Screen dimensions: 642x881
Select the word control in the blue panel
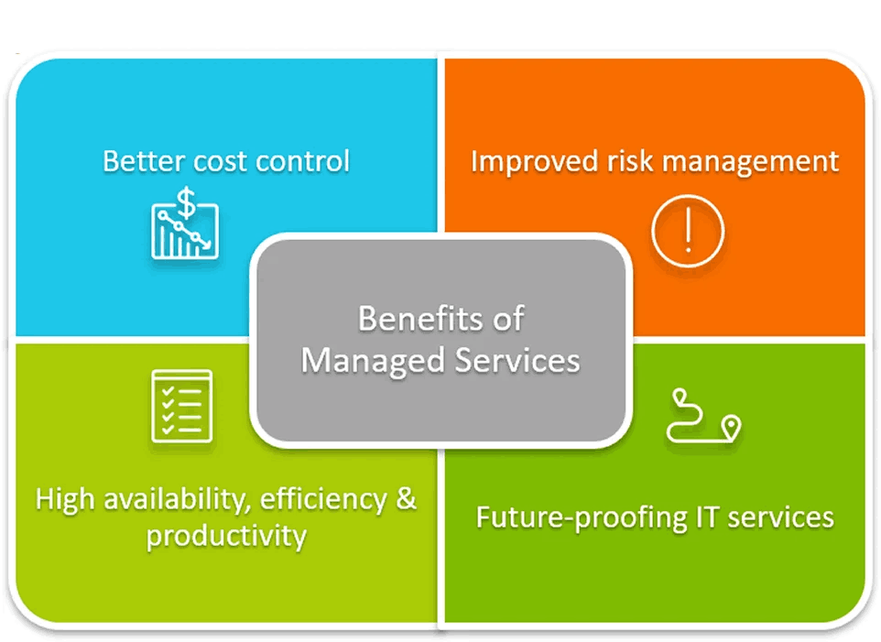(x=303, y=162)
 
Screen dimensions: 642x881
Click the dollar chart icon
(x=185, y=223)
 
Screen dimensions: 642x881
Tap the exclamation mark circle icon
(x=688, y=232)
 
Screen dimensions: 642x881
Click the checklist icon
(x=181, y=406)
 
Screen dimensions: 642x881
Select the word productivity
(x=226, y=535)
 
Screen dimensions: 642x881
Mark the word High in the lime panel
(x=66, y=501)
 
